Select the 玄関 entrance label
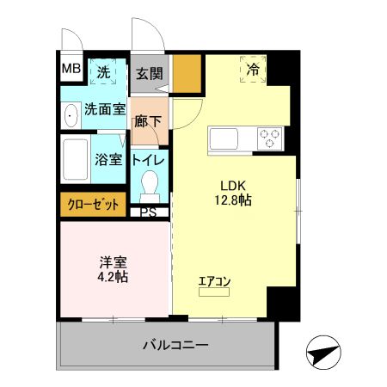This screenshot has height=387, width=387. click(150, 74)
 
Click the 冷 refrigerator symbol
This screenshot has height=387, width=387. click(253, 68)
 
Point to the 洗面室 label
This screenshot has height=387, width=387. click(105, 110)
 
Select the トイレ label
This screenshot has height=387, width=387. click(149, 159)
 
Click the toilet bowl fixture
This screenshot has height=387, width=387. click(150, 185)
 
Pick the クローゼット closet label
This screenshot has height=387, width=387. click(93, 205)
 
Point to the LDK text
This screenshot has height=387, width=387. click(235, 184)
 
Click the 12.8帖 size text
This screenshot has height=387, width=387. click(235, 200)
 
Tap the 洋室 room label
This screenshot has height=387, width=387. click(112, 262)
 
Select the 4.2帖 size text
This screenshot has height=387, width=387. click(112, 278)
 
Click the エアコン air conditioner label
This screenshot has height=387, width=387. click(213, 279)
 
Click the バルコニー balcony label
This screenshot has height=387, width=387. click(175, 346)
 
